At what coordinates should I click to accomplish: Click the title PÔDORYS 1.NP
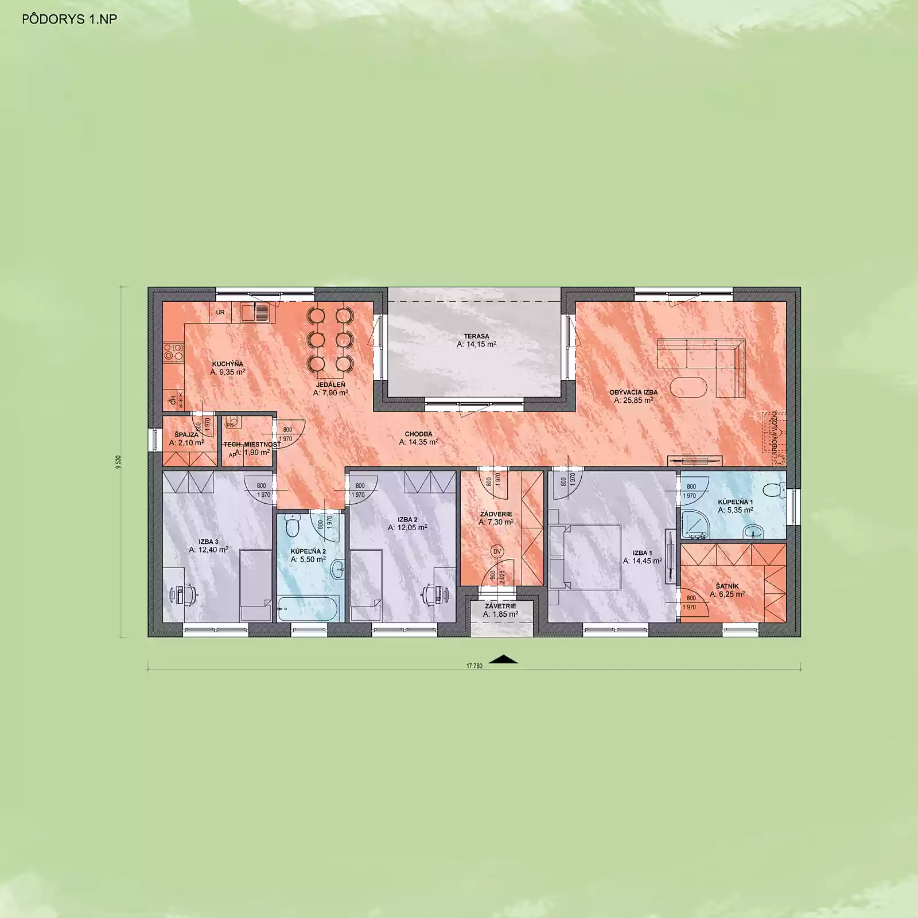point(69,20)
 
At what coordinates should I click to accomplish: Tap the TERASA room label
point(476,336)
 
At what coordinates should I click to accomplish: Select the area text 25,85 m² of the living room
point(633,400)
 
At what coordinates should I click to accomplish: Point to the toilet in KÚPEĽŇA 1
point(775,490)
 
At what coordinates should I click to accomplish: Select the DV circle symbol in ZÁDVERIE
point(497,551)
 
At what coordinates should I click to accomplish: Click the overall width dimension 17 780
point(474,666)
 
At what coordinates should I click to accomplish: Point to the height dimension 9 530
point(119,462)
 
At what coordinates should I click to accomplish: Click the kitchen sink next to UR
point(255,313)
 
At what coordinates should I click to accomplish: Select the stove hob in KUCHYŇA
point(173,351)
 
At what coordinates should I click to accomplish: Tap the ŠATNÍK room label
point(727,586)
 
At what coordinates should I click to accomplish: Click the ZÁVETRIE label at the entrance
point(500,606)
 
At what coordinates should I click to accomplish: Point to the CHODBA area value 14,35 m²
point(418,442)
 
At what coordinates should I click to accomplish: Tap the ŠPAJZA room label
point(186,435)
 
